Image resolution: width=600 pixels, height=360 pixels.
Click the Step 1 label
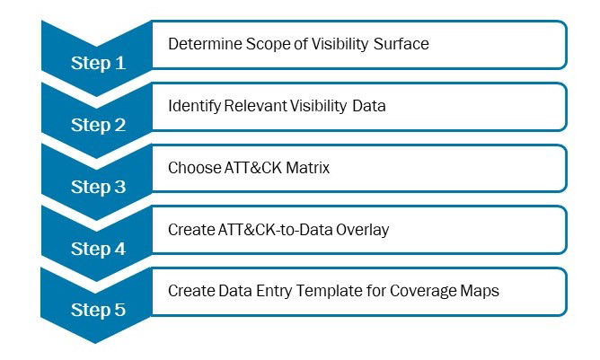click(x=98, y=63)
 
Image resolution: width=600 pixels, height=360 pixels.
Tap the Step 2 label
click(x=98, y=125)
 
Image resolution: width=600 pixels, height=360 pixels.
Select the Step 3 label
click(x=98, y=187)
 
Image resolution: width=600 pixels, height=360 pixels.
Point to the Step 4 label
click(x=98, y=249)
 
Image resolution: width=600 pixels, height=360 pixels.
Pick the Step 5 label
click(x=98, y=310)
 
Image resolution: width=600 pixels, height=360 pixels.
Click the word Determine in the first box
click(x=205, y=44)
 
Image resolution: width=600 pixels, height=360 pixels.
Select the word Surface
click(x=401, y=44)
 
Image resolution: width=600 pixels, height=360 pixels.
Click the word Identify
click(x=195, y=106)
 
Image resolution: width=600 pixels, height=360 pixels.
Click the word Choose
click(x=194, y=168)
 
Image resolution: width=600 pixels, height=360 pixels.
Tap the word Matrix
click(x=308, y=168)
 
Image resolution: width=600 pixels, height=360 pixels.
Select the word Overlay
click(x=362, y=230)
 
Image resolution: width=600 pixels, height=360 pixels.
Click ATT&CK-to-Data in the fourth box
click(x=275, y=230)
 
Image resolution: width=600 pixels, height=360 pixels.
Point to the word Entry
click(x=274, y=291)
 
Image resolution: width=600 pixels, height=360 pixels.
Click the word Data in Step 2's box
click(x=369, y=106)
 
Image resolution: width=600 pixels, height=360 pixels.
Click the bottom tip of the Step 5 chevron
click(x=95, y=343)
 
